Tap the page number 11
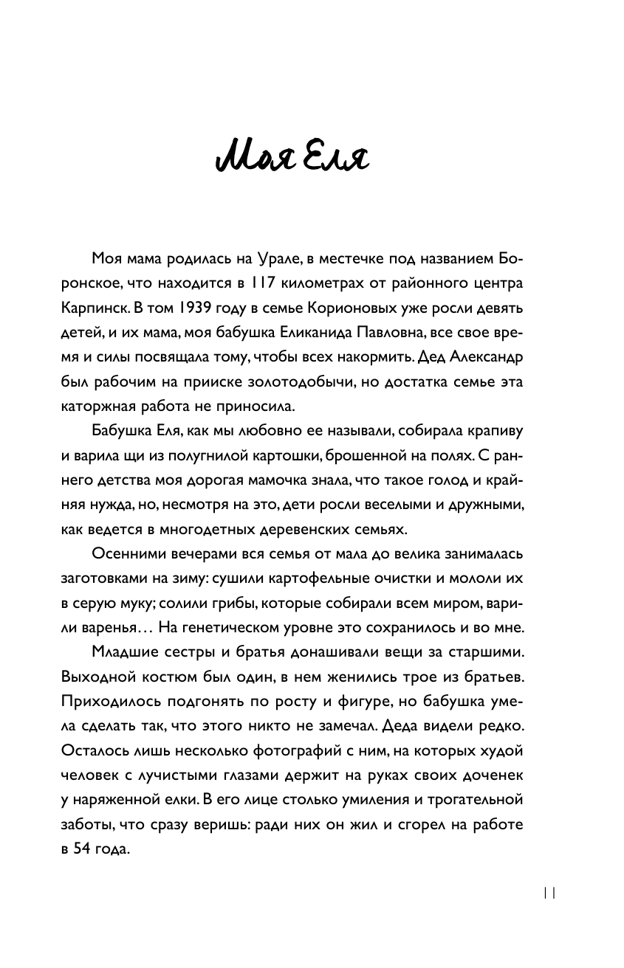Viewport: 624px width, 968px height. (x=549, y=891)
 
